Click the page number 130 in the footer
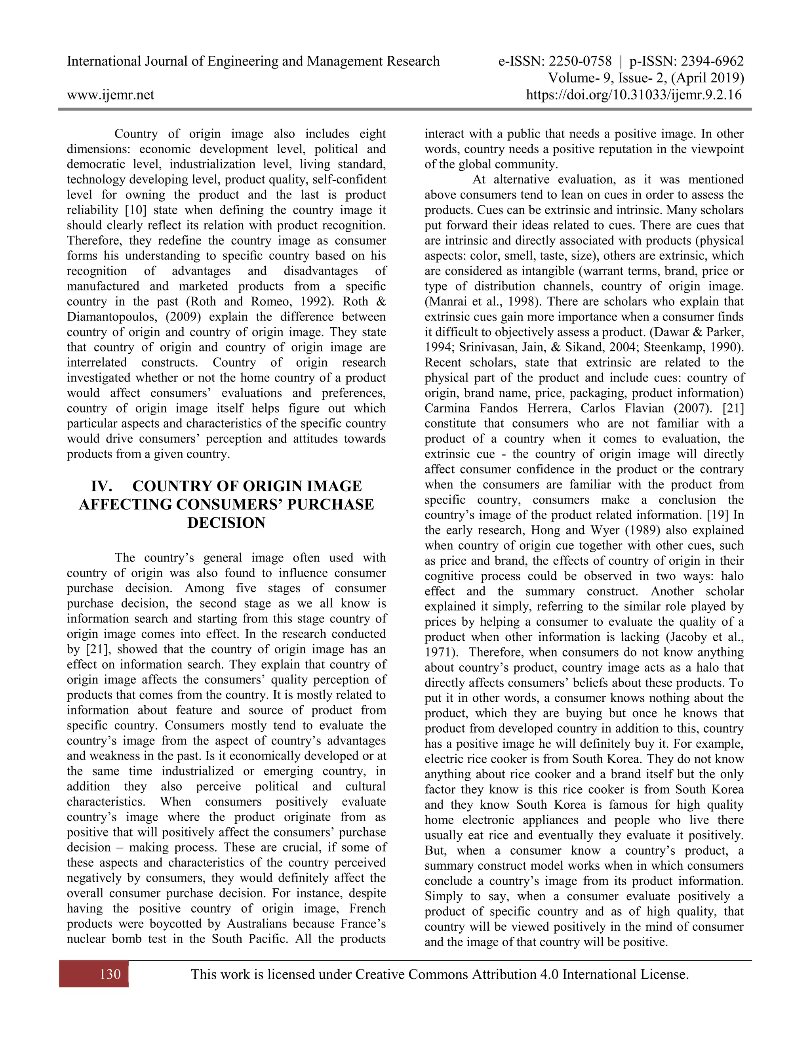[x=110, y=974]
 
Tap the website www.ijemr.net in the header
[x=110, y=95]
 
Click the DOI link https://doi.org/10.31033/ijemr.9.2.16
[x=634, y=95]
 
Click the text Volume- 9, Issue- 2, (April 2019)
[x=646, y=78]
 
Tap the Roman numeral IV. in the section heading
[x=102, y=486]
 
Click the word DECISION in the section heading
[x=226, y=523]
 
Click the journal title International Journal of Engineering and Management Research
[x=253, y=61]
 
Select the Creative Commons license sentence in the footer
[x=440, y=974]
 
